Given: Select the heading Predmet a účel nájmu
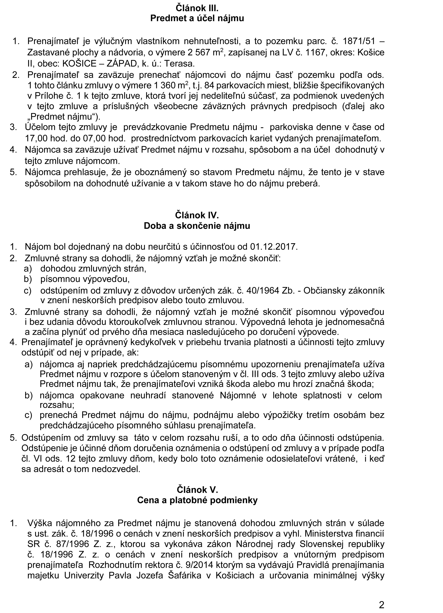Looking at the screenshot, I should (197, 18).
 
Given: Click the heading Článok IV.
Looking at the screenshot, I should (197, 215).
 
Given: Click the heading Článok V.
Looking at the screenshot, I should (198, 490).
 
